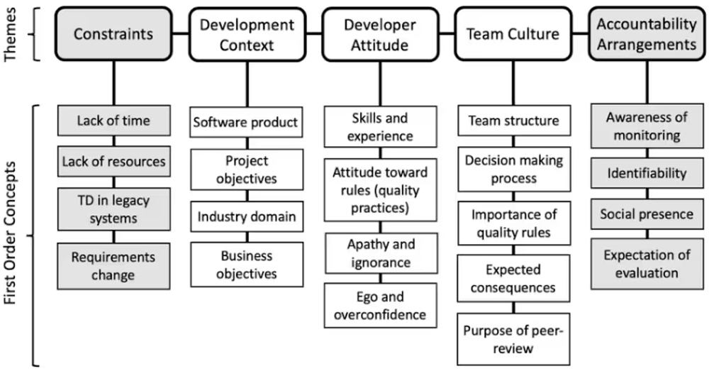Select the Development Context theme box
coord(247,33)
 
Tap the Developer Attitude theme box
coord(379,33)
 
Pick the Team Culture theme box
coord(513,33)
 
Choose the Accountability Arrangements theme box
coord(647,33)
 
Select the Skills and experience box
coord(379,126)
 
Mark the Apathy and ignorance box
coord(379,253)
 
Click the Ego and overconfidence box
coord(379,305)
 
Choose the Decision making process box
coord(513,169)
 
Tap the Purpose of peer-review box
coord(513,339)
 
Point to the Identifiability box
coord(647,173)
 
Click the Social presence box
coord(647,214)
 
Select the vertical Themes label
coord(11,34)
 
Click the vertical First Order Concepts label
coord(11,234)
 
